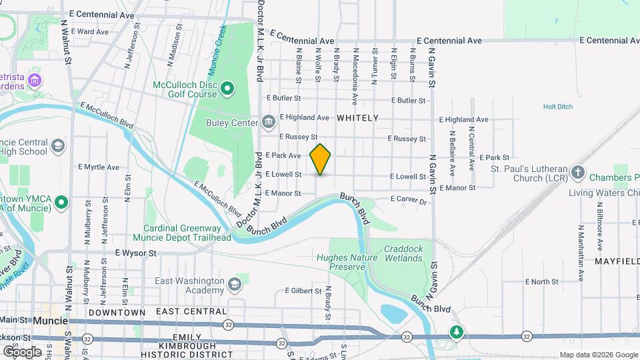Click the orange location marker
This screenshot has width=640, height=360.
click(x=320, y=159)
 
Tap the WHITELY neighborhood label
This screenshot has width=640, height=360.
click(x=357, y=118)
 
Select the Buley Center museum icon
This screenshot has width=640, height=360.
click(x=268, y=121)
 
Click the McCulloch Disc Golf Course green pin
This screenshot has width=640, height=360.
click(x=227, y=88)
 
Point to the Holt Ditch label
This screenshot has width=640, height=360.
click(x=558, y=106)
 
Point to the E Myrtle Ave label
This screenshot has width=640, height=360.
click(x=99, y=167)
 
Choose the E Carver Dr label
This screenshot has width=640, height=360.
click(x=408, y=199)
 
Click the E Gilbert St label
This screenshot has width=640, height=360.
click(x=304, y=291)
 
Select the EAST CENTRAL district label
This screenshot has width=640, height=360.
click(x=191, y=311)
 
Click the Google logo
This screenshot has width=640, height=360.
click(x=22, y=351)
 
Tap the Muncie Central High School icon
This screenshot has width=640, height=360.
click(x=59, y=145)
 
